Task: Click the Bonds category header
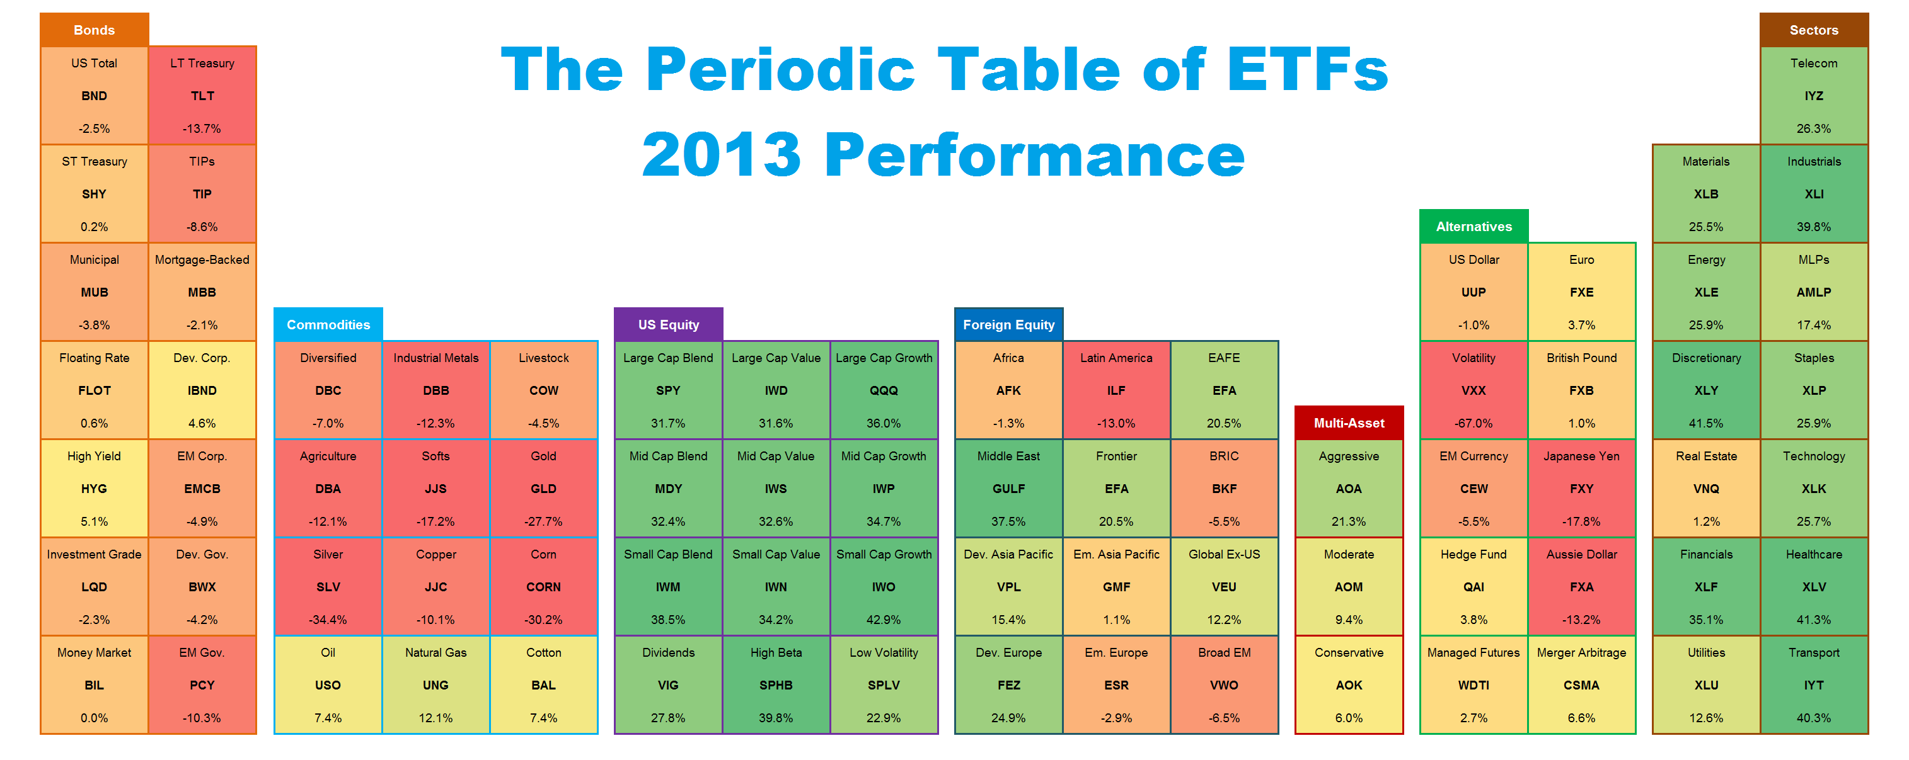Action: pos(94,30)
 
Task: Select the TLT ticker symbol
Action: pos(202,96)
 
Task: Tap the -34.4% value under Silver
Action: pos(328,619)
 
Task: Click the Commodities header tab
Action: pos(328,324)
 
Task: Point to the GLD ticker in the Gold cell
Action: pos(543,489)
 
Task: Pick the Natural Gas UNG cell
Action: pos(435,685)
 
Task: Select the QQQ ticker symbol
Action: pos(884,390)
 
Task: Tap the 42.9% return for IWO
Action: pos(884,619)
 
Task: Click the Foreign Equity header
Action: pos(1008,324)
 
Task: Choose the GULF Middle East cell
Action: pos(1008,489)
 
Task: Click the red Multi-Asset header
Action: pos(1348,423)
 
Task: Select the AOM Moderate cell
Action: pos(1348,587)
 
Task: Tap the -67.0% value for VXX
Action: pos(1474,423)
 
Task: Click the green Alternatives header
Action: pos(1474,227)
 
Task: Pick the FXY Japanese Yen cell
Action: pos(1581,489)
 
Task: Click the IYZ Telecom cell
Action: pos(1813,96)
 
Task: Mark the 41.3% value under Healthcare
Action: pos(1813,619)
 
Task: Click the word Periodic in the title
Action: pos(781,70)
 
